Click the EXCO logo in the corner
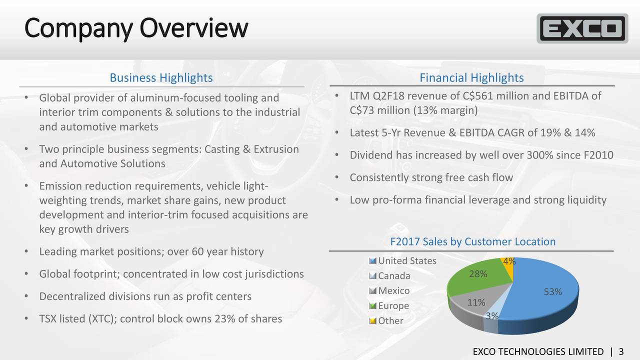[582, 28]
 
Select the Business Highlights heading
[161, 78]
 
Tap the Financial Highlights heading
[471, 78]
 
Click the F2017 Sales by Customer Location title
[472, 242]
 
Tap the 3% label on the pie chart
[492, 316]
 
